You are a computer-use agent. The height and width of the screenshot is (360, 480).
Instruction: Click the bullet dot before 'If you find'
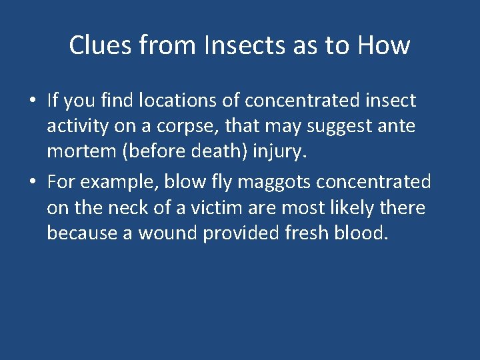click(32, 101)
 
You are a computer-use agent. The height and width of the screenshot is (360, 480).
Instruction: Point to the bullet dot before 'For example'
click(32, 182)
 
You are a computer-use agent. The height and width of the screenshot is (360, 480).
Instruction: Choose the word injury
click(281, 153)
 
